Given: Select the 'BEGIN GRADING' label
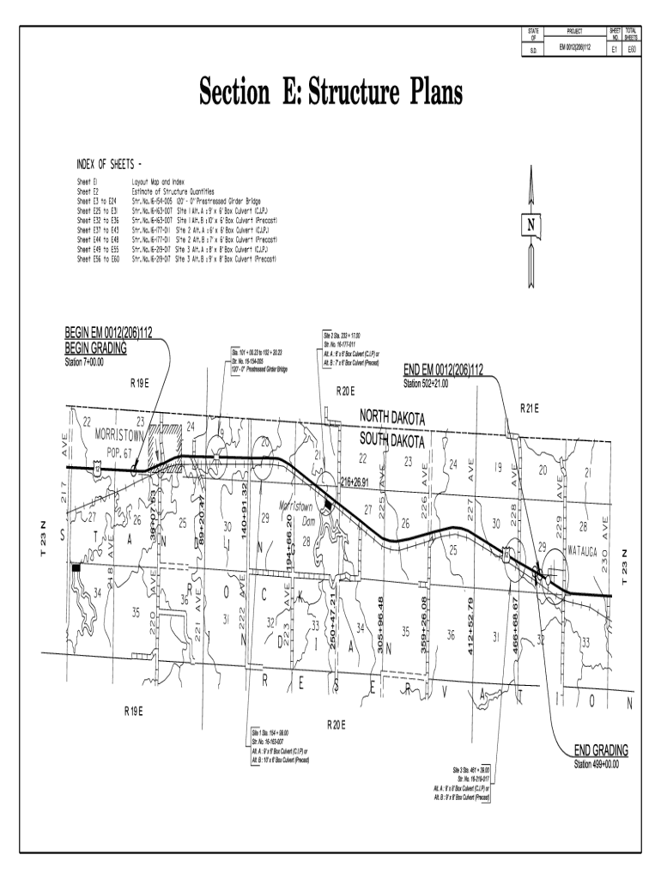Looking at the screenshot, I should pos(95,348).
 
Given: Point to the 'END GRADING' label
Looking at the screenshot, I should pos(601,750).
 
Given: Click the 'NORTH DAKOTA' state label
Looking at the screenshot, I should pos(391,416).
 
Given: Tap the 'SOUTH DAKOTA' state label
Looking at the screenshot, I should pos(391,439).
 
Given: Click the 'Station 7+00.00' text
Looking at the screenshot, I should pos(84,361).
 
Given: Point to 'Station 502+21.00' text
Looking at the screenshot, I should pos(437,383).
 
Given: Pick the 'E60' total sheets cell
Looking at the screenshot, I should pos(631,50).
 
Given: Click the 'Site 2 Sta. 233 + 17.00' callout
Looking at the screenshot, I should pos(343,335).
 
